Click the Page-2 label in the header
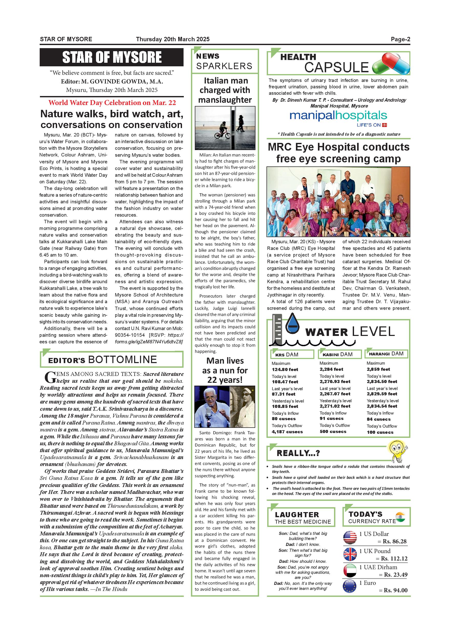(400, 39)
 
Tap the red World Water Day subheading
(112, 103)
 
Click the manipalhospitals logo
(338, 116)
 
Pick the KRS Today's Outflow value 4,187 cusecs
(287, 432)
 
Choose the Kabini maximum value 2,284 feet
(331, 369)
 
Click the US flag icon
(350, 537)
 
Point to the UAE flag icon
(350, 570)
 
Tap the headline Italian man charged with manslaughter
(225, 90)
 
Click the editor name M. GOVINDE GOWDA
(122, 82)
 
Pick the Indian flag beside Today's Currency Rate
(400, 517)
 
